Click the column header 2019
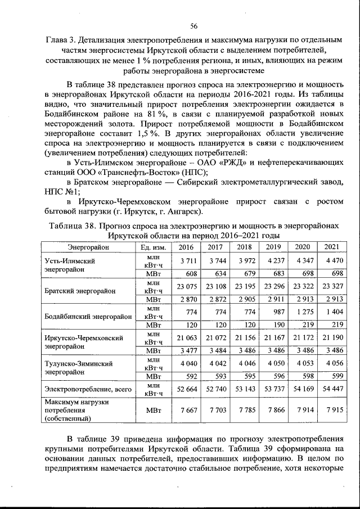pos(273,247)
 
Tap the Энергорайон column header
pos(88,247)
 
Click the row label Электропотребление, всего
pos(88,388)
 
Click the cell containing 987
pos(273,310)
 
